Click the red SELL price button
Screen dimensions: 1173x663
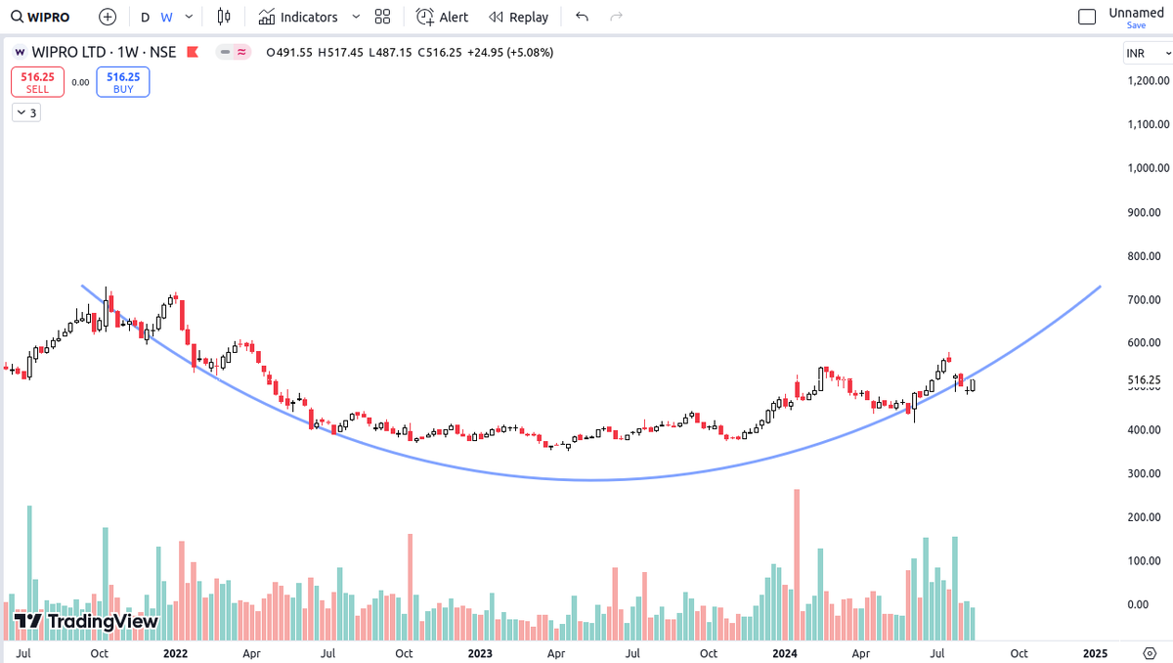(38, 82)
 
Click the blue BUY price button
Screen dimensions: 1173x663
(123, 82)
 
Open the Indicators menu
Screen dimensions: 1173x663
(298, 18)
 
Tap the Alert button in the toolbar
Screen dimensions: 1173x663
(442, 18)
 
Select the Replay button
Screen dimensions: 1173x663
(518, 18)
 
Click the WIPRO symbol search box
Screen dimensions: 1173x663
(40, 18)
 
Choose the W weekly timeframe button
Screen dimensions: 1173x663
(166, 18)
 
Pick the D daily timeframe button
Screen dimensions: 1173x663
(145, 18)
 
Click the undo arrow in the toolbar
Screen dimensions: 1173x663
(582, 17)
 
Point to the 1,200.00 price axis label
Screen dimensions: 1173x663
(1148, 80)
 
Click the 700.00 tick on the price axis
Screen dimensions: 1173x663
(1144, 299)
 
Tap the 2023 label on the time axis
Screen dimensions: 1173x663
(480, 653)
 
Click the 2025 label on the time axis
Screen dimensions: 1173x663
(1095, 653)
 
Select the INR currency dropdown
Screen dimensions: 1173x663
(1147, 54)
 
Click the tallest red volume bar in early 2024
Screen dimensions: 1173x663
(797, 564)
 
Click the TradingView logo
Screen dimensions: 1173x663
(86, 622)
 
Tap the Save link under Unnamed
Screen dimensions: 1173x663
(1136, 25)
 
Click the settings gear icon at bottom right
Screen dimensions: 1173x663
(1150, 653)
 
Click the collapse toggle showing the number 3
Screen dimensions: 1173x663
(26, 112)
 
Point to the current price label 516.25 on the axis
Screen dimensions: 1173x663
(1145, 380)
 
